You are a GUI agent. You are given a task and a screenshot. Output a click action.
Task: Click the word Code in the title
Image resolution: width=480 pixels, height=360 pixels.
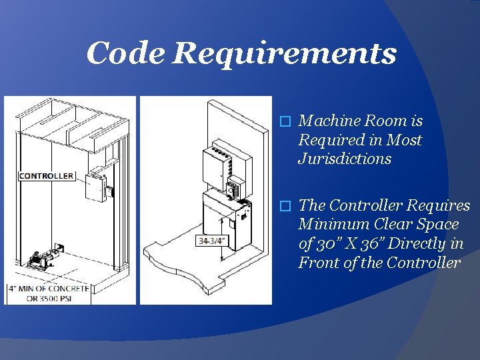(x=125, y=53)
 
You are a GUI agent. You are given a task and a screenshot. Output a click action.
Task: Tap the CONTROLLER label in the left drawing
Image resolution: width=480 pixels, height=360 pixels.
(x=46, y=176)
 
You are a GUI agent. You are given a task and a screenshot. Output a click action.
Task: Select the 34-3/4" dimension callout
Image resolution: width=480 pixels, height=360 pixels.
(x=212, y=241)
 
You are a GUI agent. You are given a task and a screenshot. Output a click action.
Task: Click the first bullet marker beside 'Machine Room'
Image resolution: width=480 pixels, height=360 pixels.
(x=285, y=122)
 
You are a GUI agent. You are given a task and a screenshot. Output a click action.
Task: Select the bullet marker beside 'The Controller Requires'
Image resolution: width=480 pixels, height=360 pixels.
(x=285, y=206)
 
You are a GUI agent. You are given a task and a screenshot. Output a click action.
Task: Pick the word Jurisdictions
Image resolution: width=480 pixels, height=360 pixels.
(x=345, y=159)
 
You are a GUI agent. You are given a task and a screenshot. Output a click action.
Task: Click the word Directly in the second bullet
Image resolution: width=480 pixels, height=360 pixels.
(x=424, y=244)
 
